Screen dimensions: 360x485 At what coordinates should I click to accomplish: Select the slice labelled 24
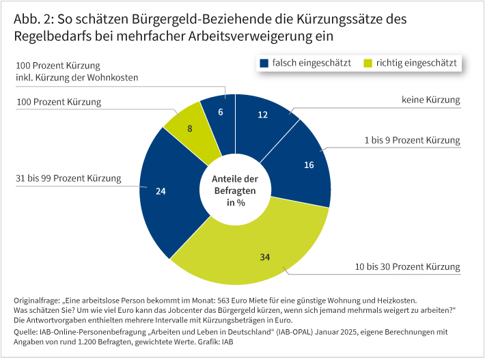click(x=162, y=191)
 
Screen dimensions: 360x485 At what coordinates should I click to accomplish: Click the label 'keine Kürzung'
click(x=430, y=100)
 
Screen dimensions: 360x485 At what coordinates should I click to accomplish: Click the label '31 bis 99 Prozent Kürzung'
click(x=68, y=179)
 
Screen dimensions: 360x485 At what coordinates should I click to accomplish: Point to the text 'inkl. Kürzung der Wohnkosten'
click(x=77, y=78)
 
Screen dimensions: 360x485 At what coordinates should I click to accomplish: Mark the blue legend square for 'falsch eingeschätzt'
click(x=264, y=64)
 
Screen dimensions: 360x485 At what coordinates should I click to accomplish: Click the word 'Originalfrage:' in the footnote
click(x=36, y=300)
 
